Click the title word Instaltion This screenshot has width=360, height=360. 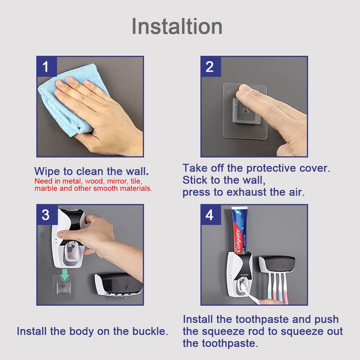(177, 26)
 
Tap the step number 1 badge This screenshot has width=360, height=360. (46, 66)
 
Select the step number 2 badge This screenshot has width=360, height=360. (210, 66)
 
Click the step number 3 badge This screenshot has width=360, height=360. (46, 214)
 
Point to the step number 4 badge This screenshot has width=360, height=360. (210, 214)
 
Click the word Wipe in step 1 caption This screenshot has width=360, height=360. (47, 171)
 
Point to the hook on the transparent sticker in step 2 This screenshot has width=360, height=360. (245, 112)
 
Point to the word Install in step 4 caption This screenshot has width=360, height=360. (198, 319)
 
